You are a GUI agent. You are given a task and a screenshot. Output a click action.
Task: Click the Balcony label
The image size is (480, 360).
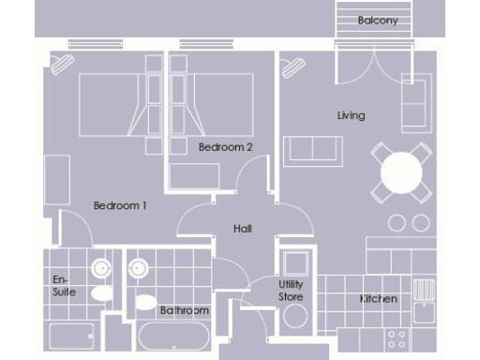[x=378, y=20]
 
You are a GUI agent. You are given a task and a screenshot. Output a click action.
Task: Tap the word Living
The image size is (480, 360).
[x=352, y=115]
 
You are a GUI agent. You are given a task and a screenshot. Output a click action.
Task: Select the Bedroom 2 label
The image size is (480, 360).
[x=226, y=147]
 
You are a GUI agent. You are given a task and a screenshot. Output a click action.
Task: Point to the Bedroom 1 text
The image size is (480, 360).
[x=120, y=205]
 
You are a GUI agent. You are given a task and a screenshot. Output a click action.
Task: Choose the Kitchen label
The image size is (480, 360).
[x=379, y=299]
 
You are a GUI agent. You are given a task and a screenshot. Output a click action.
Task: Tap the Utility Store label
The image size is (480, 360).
[x=291, y=291]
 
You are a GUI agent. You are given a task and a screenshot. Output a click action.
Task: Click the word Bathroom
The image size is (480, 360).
[x=184, y=310]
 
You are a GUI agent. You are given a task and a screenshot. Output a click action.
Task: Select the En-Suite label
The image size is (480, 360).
[x=64, y=285]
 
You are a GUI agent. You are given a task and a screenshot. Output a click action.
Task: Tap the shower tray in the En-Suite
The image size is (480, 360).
[x=72, y=336]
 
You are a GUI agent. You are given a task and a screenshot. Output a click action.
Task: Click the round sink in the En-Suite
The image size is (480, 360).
[x=99, y=270]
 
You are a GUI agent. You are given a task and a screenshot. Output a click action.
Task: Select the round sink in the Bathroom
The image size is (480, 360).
[x=138, y=270]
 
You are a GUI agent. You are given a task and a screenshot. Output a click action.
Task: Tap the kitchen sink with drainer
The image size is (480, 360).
[x=425, y=290]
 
